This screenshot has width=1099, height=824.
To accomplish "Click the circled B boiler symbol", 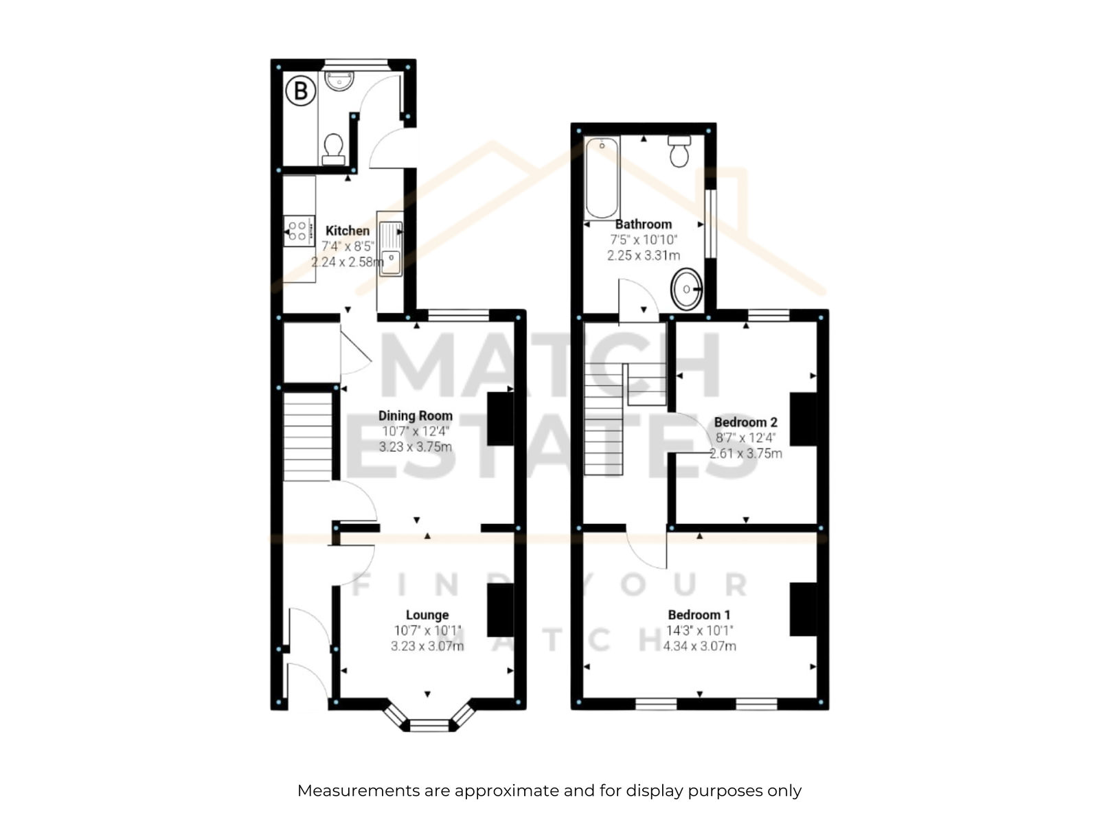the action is coord(300,91).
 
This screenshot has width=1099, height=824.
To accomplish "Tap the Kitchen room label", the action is coord(347,231).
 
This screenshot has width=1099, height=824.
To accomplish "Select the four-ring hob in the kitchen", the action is coord(299,231).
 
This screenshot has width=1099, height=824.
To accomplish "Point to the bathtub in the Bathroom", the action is coord(602,179).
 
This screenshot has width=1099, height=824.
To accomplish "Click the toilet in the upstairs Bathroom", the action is coord(679,150).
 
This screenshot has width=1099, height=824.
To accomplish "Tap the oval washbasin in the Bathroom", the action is coord(686,288).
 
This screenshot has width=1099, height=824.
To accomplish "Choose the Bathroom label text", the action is coord(644,224).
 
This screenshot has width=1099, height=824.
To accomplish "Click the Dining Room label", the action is coord(415,415).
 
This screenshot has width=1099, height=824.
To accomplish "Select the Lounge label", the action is coord(427,615).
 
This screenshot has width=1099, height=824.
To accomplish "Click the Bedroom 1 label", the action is coord(699,615).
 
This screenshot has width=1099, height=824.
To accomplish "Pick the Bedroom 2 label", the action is coord(745,422).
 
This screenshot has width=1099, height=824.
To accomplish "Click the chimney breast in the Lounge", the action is coord(500,609).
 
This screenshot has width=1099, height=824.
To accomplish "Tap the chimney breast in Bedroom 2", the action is coord(803,420).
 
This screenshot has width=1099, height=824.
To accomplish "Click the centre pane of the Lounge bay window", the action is coord(429,725).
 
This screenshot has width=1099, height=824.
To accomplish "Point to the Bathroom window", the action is coord(710,224).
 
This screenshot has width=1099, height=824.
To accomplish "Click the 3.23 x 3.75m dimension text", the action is coord(415,447).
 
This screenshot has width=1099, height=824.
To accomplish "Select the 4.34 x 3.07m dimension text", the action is coord(699,646).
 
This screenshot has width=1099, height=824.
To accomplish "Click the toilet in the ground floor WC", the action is coord(333,149).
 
